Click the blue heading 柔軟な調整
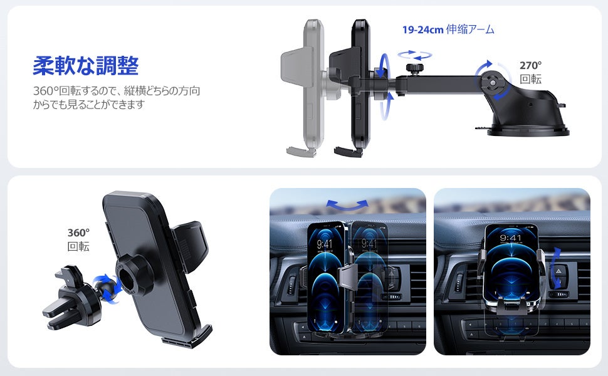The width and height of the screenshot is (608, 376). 86,65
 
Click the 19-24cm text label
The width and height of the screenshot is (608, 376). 422,29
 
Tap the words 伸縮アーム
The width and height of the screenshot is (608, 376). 470,29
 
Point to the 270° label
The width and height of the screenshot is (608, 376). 530,66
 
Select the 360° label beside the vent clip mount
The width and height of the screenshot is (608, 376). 78,232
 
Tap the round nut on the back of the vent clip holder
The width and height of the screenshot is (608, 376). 130,275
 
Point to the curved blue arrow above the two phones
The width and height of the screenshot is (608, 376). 347,205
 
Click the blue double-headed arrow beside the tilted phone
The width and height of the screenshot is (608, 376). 557,268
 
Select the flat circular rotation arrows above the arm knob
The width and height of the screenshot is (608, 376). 414,55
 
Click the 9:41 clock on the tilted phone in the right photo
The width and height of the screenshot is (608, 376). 510,238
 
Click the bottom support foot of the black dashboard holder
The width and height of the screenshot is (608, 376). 348,152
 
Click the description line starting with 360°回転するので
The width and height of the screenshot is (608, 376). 117,91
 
